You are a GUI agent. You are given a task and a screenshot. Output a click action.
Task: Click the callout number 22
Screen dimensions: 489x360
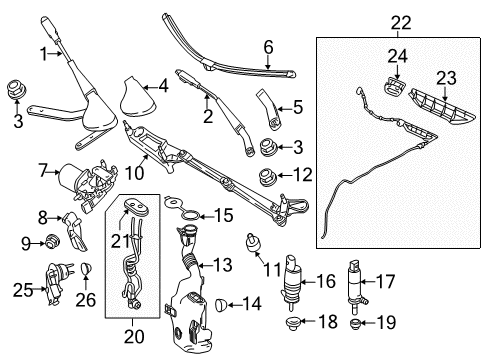click(x=401, y=23)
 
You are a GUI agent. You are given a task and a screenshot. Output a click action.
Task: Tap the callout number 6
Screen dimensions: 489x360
click(x=268, y=47)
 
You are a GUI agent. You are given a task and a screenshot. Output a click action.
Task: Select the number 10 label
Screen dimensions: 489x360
click(x=134, y=173)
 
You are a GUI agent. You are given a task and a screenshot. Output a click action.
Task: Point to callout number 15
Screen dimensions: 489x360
click(x=224, y=215)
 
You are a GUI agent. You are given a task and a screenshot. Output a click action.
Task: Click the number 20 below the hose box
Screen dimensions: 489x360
click(x=134, y=336)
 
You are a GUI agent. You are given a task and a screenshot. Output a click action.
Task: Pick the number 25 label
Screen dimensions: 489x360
click(x=23, y=290)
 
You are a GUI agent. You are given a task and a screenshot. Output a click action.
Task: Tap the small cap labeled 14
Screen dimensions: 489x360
click(x=221, y=304)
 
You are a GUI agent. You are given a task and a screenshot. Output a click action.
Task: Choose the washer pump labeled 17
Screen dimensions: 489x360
click(x=355, y=287)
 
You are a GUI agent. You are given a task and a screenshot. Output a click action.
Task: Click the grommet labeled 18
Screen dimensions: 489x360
click(x=293, y=323)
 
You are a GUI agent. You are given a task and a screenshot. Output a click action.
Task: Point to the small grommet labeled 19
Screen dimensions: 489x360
click(x=355, y=323)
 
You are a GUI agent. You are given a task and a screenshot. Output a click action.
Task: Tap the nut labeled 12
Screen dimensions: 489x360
click(x=268, y=177)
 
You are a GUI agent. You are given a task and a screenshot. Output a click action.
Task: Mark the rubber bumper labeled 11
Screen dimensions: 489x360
click(x=253, y=244)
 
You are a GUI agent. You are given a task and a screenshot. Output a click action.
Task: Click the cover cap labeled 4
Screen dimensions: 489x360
click(x=137, y=97)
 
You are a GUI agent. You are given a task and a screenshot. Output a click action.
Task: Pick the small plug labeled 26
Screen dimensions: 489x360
click(x=86, y=268)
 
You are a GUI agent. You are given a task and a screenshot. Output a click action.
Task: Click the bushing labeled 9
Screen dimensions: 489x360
click(x=51, y=241)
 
